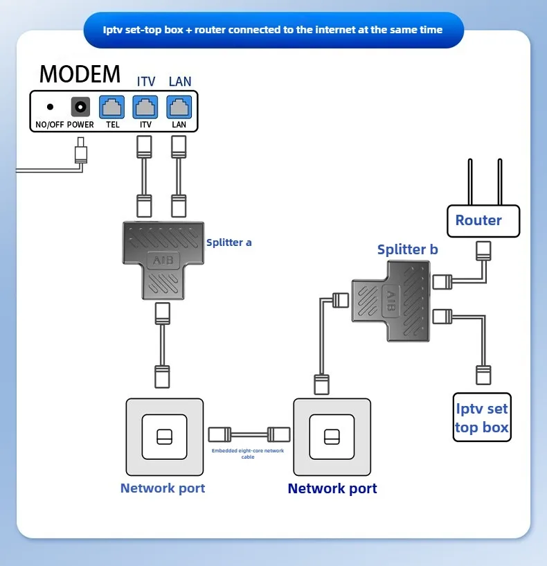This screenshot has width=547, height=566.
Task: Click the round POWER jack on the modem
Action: coord(80,107)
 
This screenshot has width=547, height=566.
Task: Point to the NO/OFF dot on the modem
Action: coord(50,107)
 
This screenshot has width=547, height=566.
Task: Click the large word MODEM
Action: coord(80,73)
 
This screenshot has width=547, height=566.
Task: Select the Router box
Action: coord(483,221)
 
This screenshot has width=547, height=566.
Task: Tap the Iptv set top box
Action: coord(482,418)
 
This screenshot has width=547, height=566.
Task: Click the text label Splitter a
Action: coord(229,242)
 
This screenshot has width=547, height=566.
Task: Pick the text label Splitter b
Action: coord(407,249)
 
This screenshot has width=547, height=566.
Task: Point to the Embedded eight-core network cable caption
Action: coord(248,454)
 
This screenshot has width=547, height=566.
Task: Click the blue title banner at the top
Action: coord(273,30)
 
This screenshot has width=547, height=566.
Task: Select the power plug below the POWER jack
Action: coord(81,152)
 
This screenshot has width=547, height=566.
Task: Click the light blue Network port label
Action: coord(163,488)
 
